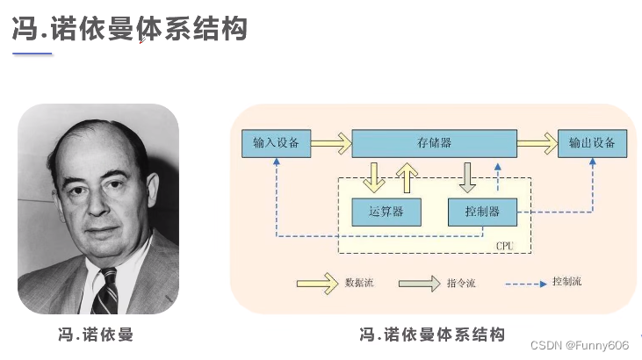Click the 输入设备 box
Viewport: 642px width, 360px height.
(x=276, y=143)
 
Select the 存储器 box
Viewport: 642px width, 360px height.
(x=434, y=143)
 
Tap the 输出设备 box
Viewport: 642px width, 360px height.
(x=592, y=143)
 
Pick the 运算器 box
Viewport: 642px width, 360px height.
(x=386, y=211)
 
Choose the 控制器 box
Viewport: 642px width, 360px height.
(x=482, y=211)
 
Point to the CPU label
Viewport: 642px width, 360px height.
(x=504, y=245)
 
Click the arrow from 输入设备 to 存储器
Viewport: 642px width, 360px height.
(x=331, y=143)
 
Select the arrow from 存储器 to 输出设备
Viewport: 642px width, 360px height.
(x=537, y=143)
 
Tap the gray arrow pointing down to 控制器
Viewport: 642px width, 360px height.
(x=468, y=176)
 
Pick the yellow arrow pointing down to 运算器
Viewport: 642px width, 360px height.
(x=375, y=176)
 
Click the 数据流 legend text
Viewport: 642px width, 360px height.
(x=360, y=283)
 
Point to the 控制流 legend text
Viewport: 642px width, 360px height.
(x=566, y=282)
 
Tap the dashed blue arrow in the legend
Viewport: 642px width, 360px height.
(x=526, y=283)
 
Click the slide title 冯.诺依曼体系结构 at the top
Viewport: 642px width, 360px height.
(x=129, y=28)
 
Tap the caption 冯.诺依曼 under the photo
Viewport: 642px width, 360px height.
(x=95, y=335)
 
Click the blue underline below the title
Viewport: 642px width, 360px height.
(x=32, y=54)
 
